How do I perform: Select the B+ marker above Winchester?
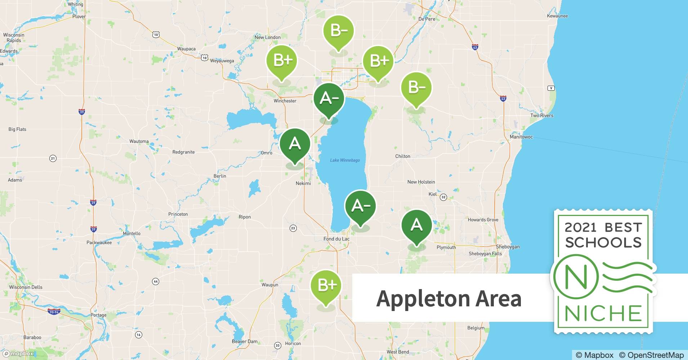[x=282, y=60]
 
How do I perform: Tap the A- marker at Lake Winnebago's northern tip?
[x=329, y=98]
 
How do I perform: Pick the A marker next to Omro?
[x=295, y=144]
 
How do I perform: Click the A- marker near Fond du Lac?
[x=360, y=206]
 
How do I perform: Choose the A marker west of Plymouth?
[x=416, y=225]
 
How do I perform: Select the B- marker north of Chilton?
[x=416, y=87]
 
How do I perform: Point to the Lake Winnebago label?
[x=345, y=160]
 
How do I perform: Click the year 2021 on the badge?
[x=580, y=228]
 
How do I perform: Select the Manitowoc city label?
[x=521, y=137]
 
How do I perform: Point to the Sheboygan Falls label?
[x=485, y=254]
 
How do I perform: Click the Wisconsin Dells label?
[x=26, y=287]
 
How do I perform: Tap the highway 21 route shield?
[x=53, y=158]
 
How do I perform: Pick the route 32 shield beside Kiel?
[x=443, y=197]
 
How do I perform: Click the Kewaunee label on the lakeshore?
[x=557, y=16]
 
